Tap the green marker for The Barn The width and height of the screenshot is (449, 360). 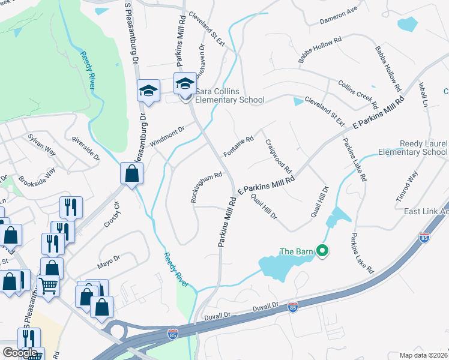[x=322, y=251]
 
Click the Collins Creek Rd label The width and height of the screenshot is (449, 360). [x=357, y=91]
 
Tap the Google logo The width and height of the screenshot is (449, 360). [x=20, y=353]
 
